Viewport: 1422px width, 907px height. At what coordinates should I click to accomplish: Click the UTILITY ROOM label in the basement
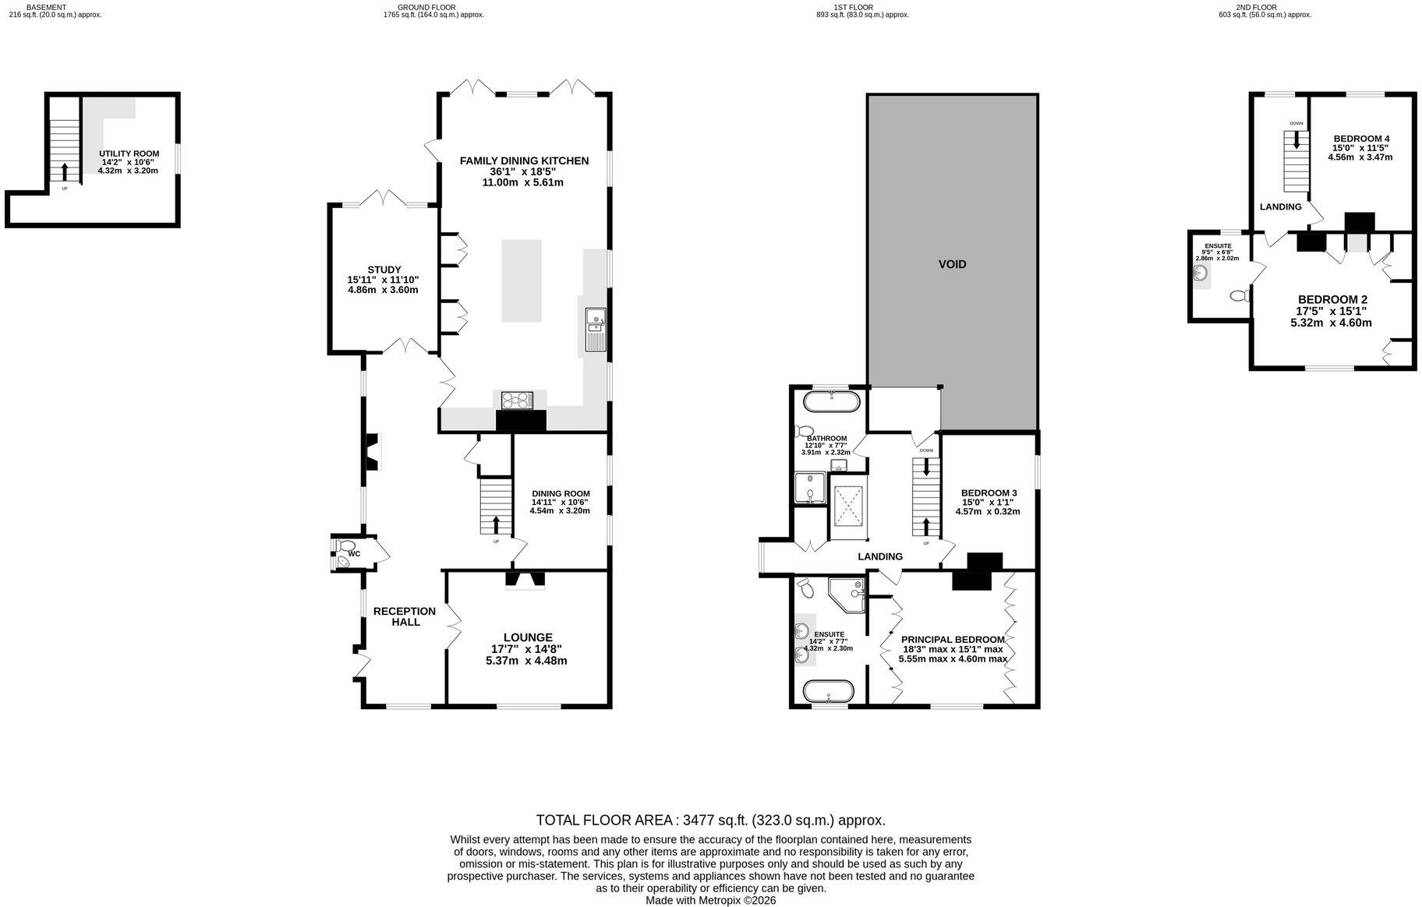tap(129, 154)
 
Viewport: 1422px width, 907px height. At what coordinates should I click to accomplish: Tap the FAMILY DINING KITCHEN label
tap(524, 161)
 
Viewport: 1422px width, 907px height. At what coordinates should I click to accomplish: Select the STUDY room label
tap(384, 270)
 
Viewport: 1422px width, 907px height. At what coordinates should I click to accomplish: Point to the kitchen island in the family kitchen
tap(521, 281)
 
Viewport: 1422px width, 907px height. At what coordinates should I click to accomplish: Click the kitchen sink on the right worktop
tap(596, 330)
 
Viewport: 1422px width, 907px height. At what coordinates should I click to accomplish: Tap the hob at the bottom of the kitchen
tap(515, 400)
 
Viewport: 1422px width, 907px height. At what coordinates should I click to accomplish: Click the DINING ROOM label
tap(561, 493)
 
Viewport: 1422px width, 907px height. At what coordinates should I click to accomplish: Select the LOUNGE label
tap(528, 637)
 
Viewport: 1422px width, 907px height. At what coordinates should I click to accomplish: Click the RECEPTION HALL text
tap(405, 616)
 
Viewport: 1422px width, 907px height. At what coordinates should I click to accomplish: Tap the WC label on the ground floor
tap(355, 554)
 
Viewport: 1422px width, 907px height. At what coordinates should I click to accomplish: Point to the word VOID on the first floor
tap(952, 264)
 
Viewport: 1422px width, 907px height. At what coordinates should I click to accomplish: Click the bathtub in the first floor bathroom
tap(832, 402)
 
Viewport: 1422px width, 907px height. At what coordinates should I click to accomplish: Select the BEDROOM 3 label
tap(989, 493)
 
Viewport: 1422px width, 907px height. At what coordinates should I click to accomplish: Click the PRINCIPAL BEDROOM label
tap(953, 640)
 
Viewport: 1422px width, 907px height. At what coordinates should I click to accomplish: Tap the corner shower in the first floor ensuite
tap(847, 595)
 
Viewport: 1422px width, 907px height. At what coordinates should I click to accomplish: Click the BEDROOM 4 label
tap(1360, 139)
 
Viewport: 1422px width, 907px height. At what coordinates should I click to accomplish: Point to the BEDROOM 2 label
tap(1332, 299)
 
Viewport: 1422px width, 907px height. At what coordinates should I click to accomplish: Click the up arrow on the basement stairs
tap(65, 172)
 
